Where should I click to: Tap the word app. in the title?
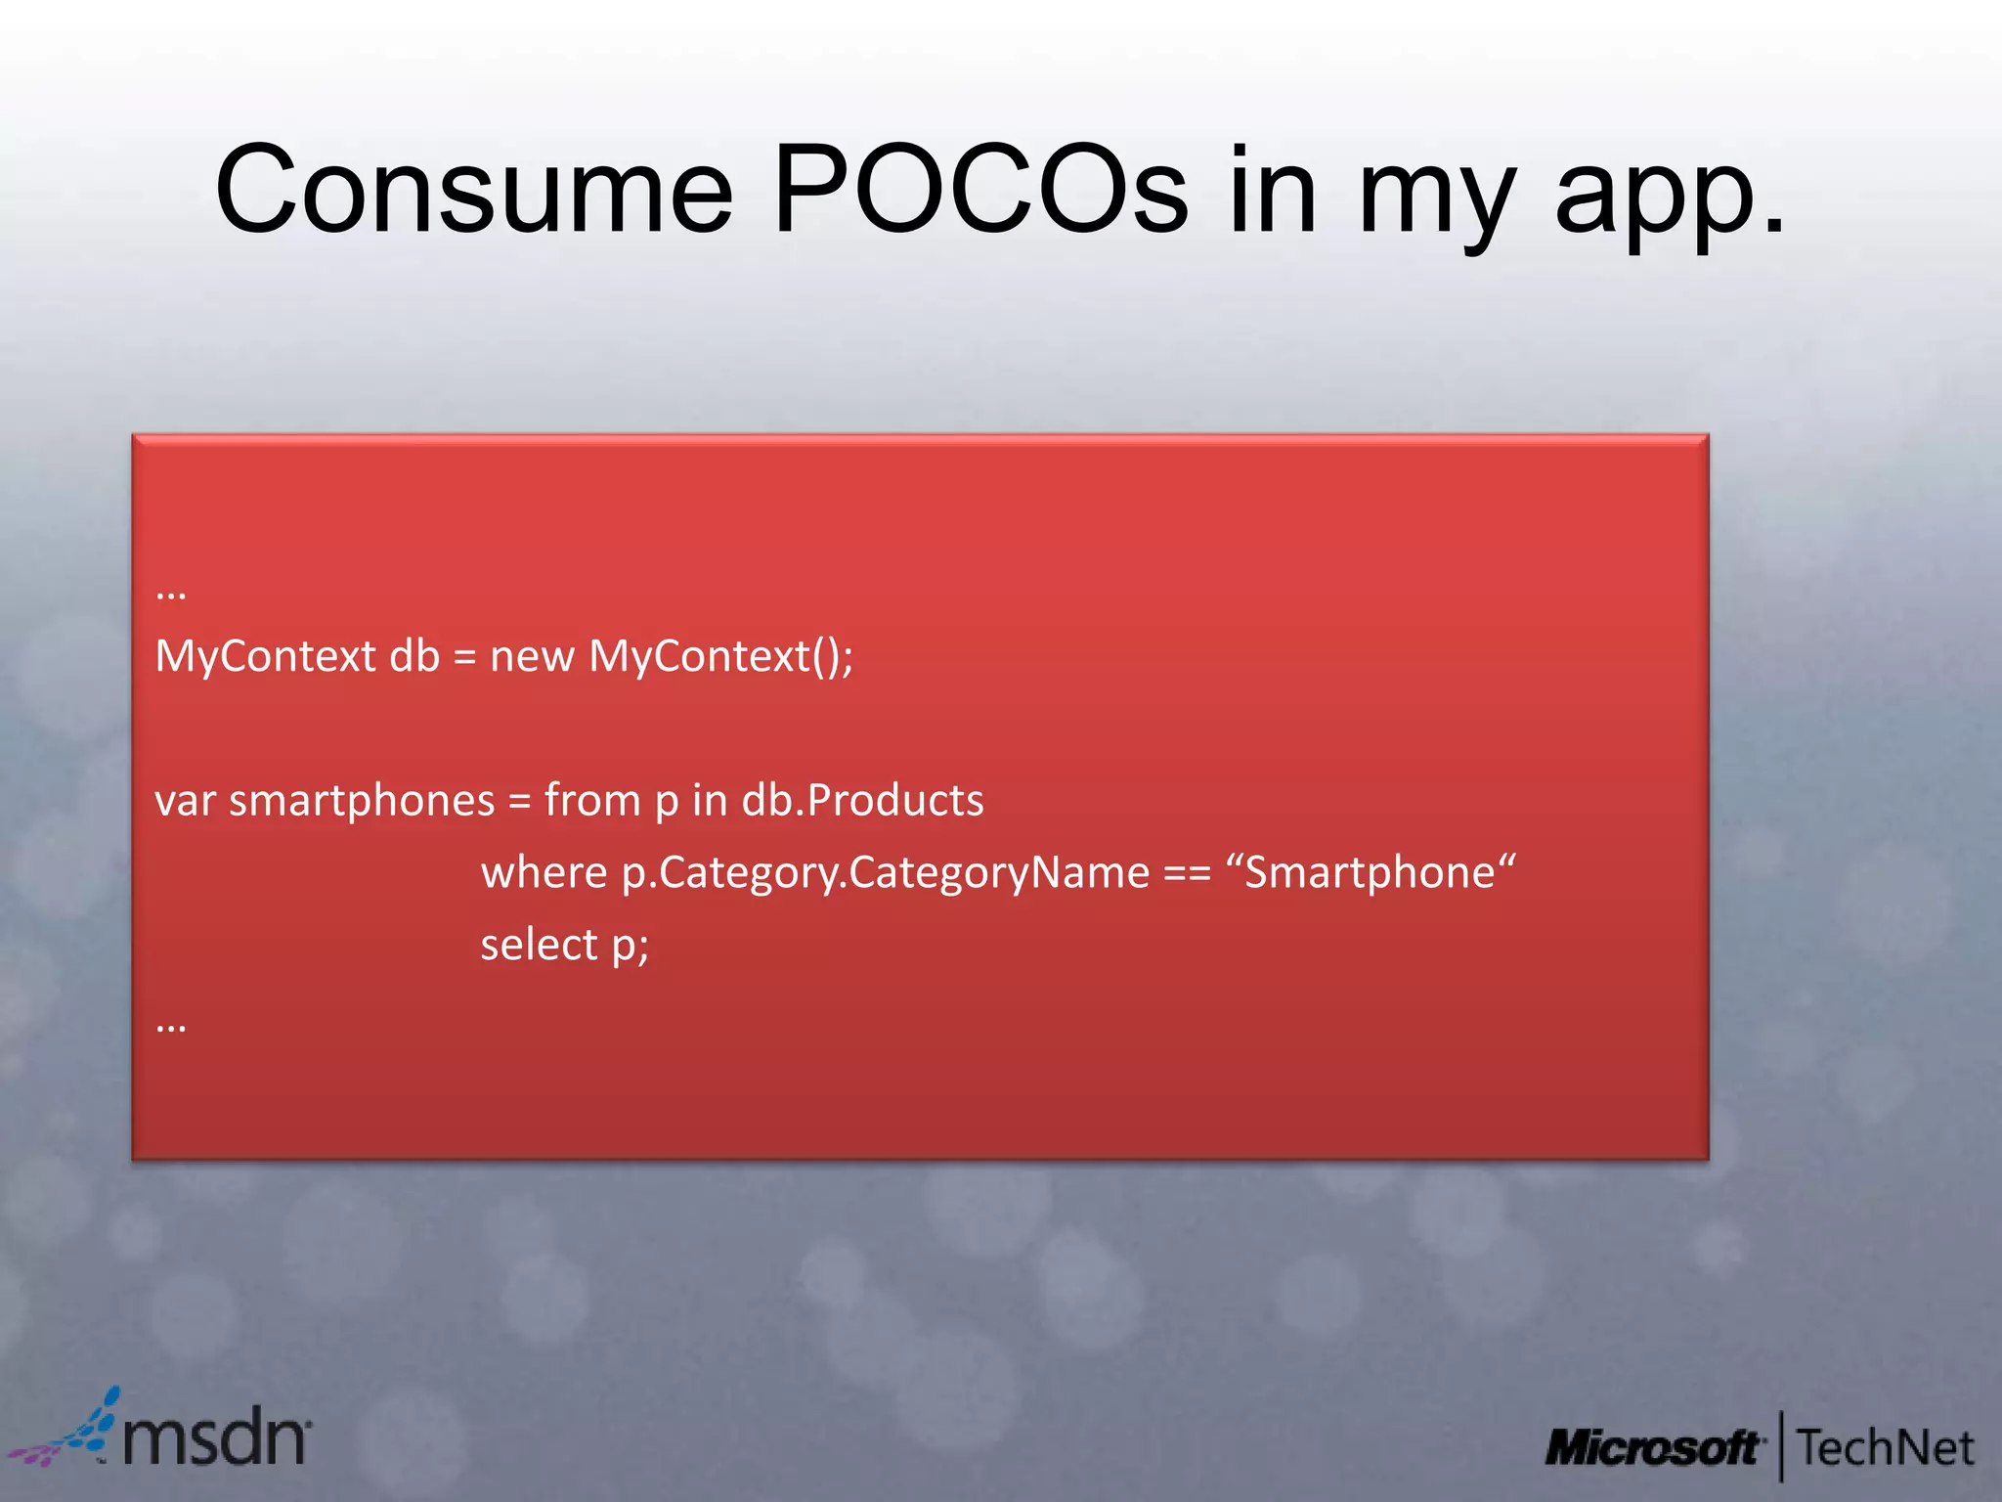(x=1669, y=196)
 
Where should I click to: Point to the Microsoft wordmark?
(x=1653, y=1448)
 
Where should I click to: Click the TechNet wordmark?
(x=1886, y=1448)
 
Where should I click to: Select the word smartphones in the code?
(x=362, y=801)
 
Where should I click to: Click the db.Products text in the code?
(x=862, y=801)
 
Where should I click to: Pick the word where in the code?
(x=544, y=872)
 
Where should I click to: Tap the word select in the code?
(x=539, y=945)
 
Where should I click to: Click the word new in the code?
(x=532, y=656)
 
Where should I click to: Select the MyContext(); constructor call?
(x=720, y=656)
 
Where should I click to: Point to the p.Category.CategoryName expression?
(x=886, y=872)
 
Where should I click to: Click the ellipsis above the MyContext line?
(x=171, y=592)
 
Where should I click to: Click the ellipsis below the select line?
(x=171, y=1025)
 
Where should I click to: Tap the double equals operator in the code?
(x=1187, y=872)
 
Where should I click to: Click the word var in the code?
(x=185, y=801)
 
